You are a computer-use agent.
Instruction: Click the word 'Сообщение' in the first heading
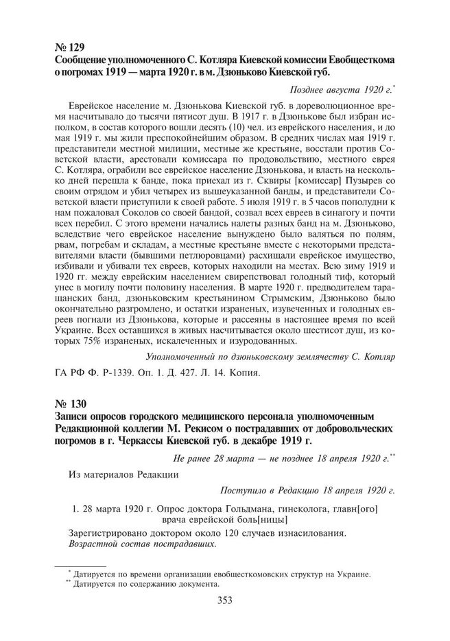coord(83,60)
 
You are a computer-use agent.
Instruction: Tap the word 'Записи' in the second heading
coord(74,415)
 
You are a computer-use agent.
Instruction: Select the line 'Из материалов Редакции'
coord(123,474)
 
